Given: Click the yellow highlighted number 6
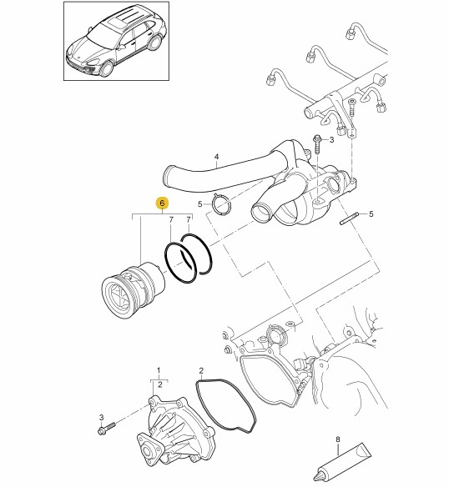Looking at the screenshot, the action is coord(163,203).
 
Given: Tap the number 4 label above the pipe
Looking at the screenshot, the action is coord(217,157).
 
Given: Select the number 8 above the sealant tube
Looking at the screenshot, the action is coord(338,439).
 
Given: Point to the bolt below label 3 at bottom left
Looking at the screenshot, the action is coord(106,428).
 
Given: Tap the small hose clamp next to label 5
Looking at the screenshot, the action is coord(221,203).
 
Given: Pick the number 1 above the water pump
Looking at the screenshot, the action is coord(159,370).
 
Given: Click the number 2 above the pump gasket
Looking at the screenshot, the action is coord(201,370).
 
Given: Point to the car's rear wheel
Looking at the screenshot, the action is coord(154,43).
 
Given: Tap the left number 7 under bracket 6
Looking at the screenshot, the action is coord(171,220).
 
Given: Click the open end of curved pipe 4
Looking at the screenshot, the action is coord(169,177).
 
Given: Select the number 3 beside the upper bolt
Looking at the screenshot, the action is coord(331,140).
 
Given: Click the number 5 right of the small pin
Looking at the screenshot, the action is coord(371,214).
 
